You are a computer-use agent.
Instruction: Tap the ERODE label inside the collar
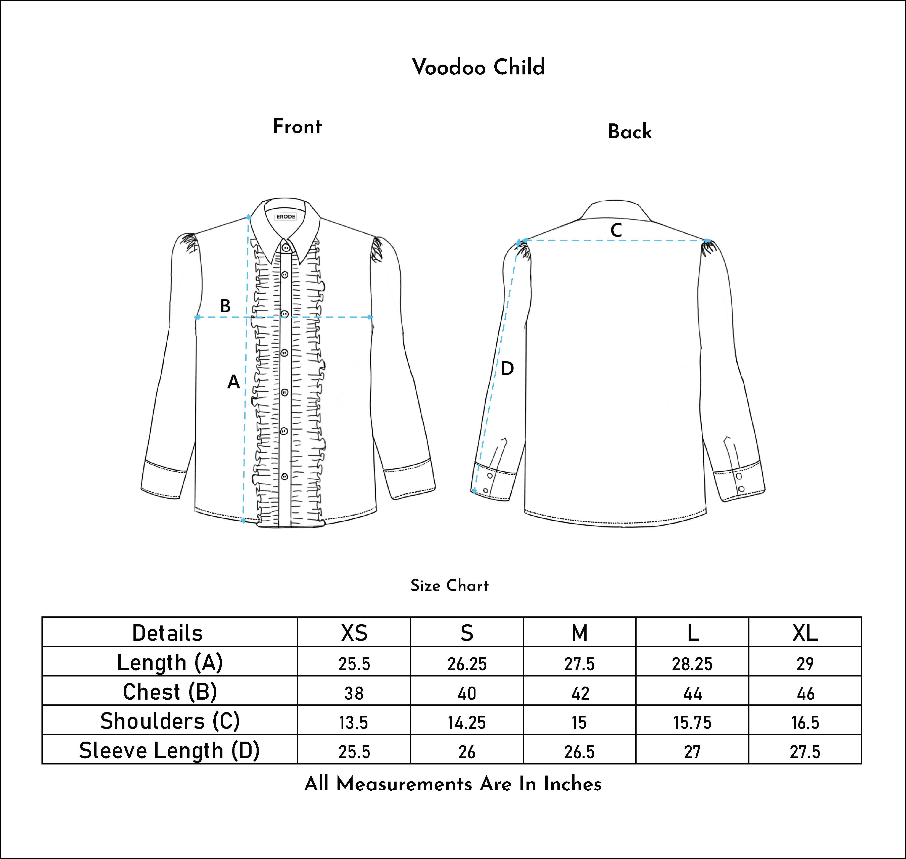pos(286,217)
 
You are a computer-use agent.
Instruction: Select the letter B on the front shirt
pos(225,306)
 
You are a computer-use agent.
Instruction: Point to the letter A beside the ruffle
pos(233,381)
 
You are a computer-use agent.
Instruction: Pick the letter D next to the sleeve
pos(507,369)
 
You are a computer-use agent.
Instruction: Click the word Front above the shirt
pos(297,126)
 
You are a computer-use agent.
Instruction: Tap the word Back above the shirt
pos(630,131)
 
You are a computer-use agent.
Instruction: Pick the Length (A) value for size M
pos(579,664)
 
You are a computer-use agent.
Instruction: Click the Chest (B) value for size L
pos(692,693)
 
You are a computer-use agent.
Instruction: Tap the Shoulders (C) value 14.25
pos(466,722)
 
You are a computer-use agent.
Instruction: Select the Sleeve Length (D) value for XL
pos(805,752)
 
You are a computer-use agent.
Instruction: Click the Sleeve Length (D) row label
pos(169,751)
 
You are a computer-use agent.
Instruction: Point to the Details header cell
pos(168,633)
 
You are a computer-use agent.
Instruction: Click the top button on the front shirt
pos(286,248)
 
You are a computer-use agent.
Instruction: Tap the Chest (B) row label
pos(170,692)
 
